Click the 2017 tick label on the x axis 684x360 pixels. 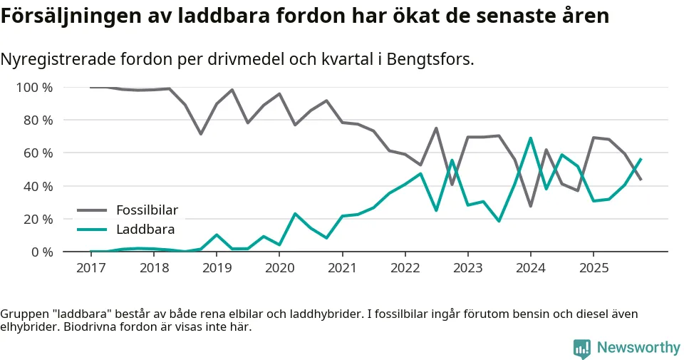tap(91, 267)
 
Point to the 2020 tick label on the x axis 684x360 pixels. tap(279, 267)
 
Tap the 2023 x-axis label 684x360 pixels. tap(467, 267)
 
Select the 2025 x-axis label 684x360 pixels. tap(593, 267)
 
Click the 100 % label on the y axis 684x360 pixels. tap(35, 88)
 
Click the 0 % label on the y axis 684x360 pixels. tap(42, 252)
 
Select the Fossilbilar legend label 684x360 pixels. tap(147, 210)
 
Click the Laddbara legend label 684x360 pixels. tap(145, 230)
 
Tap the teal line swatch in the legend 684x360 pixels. tap(92, 230)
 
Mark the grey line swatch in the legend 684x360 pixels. tap(92, 210)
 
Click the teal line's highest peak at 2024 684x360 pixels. tap(530, 138)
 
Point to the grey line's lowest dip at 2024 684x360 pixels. tap(530, 206)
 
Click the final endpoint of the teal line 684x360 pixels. tap(641, 159)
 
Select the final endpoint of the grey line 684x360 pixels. tap(641, 180)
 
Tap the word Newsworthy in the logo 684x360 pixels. tap(638, 348)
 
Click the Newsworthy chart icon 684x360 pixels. tap(582, 348)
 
